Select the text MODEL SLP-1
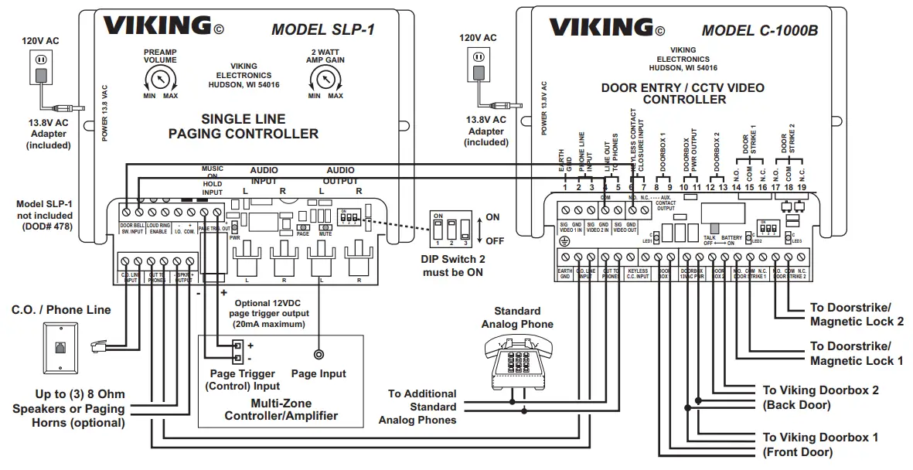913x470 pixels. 322,29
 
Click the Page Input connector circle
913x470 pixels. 318,355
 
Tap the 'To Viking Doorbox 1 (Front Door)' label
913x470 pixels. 819,444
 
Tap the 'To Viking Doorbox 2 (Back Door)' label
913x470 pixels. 820,397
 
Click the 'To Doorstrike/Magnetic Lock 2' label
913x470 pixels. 856,314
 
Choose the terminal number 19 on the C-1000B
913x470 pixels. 802,187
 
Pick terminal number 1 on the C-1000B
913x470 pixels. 565,187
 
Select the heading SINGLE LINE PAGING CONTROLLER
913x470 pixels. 243,127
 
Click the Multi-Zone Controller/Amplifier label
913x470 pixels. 281,410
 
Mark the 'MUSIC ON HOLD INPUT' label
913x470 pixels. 212,179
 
